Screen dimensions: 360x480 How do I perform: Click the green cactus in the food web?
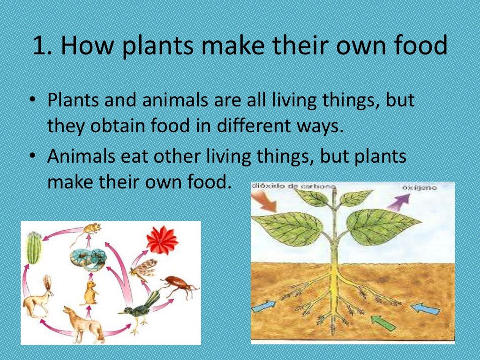coord(34,247)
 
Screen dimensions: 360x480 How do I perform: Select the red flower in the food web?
coord(162,240)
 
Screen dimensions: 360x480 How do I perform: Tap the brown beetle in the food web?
coord(179,285)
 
